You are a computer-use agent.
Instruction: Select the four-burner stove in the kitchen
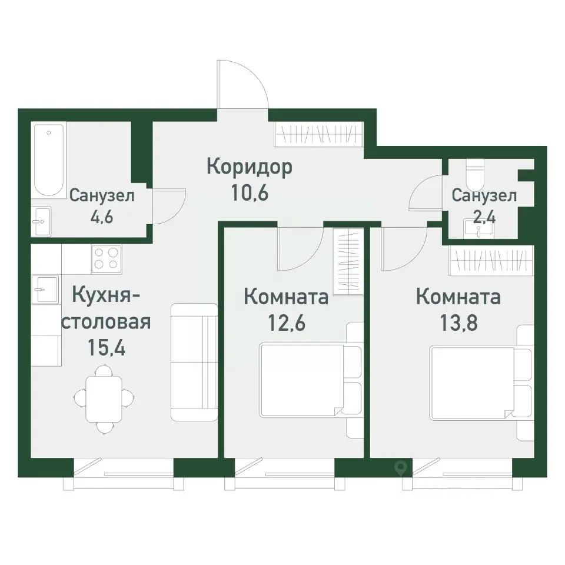point(107,258)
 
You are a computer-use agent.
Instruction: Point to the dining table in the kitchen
point(105,395)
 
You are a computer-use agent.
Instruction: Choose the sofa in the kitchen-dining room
point(194,361)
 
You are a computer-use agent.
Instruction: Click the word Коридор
point(250,168)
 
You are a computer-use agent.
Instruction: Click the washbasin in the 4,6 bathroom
point(41,221)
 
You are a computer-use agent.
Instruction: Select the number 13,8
point(458,323)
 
